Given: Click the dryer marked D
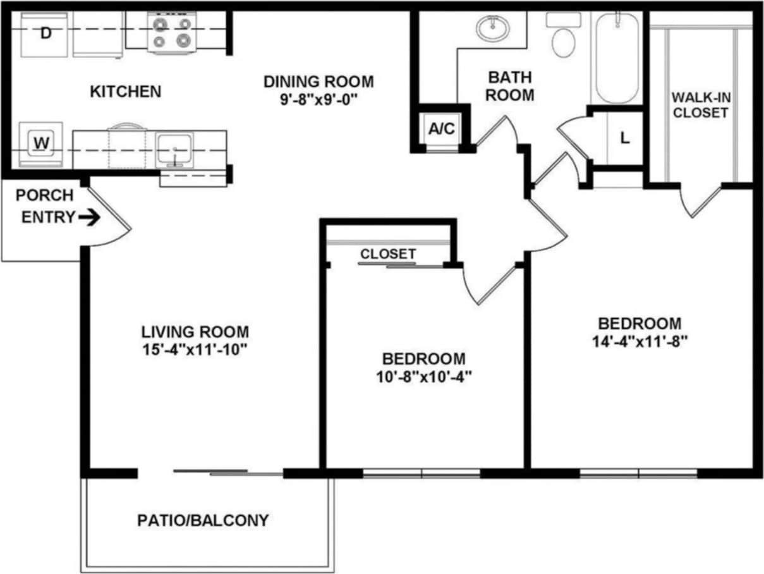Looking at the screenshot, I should (45, 34).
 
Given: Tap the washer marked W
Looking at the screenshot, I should (41, 144).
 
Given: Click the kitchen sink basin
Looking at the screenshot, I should (175, 149).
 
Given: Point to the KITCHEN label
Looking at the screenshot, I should (126, 92).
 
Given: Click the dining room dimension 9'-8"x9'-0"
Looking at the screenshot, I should (318, 100).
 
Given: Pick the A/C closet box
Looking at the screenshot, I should (441, 129).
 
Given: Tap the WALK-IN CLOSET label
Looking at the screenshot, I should (700, 105).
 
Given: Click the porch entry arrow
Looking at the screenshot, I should (89, 217).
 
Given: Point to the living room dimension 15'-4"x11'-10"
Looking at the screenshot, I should (195, 350).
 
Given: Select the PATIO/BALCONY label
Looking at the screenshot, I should (203, 520).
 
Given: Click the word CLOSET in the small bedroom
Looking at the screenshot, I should (388, 254).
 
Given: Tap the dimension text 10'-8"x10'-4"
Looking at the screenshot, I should (424, 377).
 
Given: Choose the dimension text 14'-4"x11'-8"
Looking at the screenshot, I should (640, 341).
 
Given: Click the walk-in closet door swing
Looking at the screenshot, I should (700, 199).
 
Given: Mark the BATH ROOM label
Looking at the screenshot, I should (511, 87).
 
